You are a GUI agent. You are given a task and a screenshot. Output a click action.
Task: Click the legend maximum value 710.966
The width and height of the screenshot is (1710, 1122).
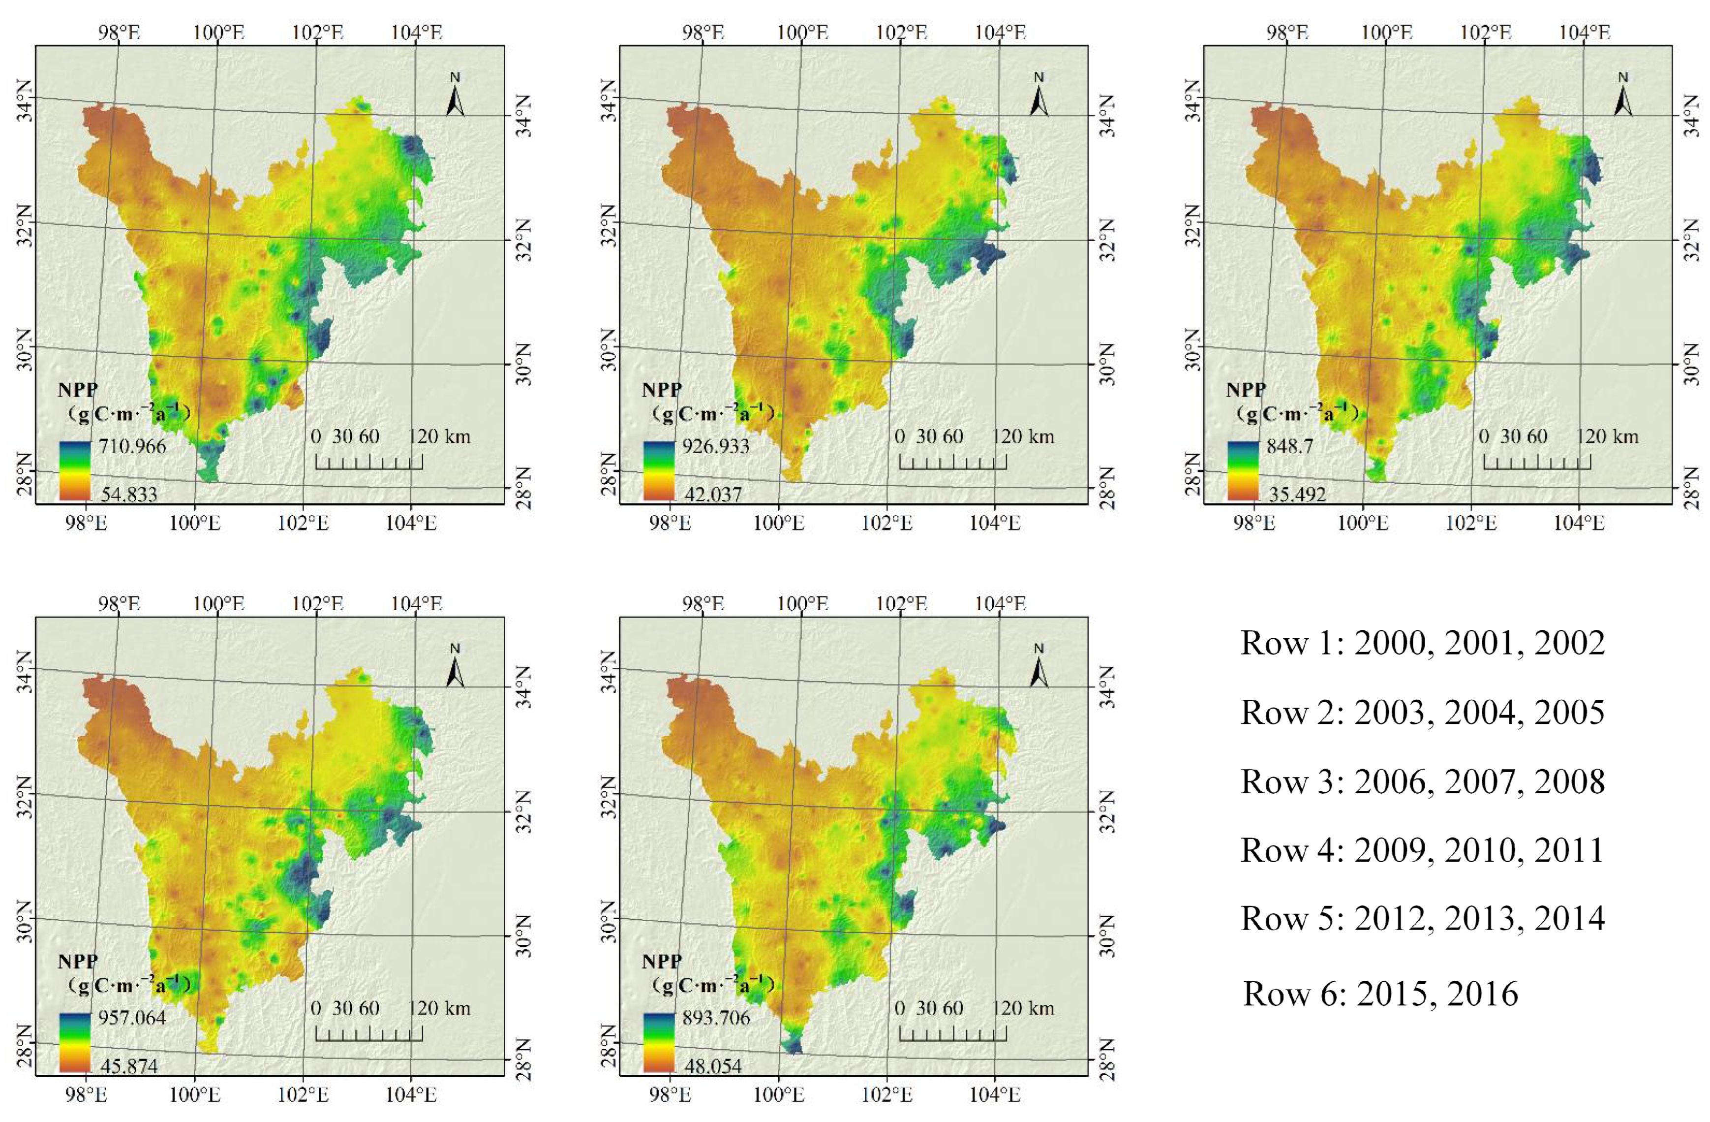(132, 446)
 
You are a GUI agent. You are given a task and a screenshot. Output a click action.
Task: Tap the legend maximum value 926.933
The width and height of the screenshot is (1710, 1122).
(716, 446)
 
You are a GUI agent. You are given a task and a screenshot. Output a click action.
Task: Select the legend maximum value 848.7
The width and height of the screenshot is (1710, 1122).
(1290, 446)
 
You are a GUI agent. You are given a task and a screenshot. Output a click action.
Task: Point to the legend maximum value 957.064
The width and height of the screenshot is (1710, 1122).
(132, 1018)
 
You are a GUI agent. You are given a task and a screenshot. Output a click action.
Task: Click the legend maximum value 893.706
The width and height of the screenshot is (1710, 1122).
(716, 1018)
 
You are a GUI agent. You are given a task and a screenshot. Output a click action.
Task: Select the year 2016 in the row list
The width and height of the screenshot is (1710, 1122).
(1482, 994)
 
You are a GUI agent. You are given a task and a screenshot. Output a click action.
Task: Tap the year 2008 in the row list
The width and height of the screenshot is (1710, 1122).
(1569, 782)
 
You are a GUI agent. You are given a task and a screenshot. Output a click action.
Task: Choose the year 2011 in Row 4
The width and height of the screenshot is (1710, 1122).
(1569, 851)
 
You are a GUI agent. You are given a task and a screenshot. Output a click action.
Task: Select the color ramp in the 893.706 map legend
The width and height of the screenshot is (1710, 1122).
(659, 1041)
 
